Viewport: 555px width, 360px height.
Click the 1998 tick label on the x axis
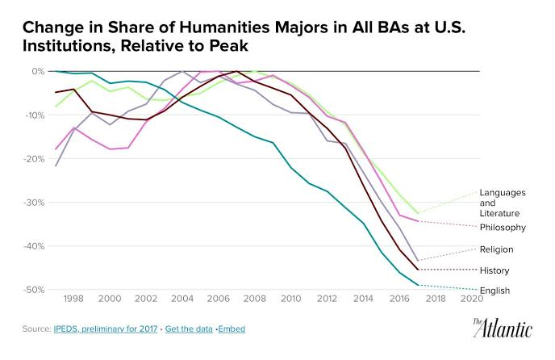click(x=73, y=298)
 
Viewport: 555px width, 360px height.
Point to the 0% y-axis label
click(x=37, y=71)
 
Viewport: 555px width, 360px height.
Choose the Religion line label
click(x=497, y=249)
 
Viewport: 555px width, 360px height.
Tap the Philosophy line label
click(x=503, y=228)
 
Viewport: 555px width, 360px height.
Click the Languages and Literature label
click(x=503, y=202)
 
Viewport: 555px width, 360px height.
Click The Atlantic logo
click(x=502, y=328)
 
